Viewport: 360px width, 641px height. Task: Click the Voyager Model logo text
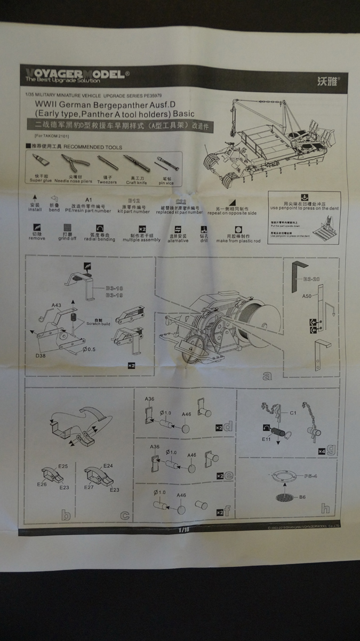point(75,74)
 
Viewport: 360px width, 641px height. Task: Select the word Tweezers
point(107,182)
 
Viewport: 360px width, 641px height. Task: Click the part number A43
point(57,305)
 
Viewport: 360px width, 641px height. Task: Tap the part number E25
point(63,466)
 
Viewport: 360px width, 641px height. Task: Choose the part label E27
point(89,487)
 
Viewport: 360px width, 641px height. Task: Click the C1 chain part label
point(293,413)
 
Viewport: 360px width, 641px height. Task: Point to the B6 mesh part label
point(301,497)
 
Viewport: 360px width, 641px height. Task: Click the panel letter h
point(325,509)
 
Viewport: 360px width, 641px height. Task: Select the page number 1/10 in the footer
point(184,530)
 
